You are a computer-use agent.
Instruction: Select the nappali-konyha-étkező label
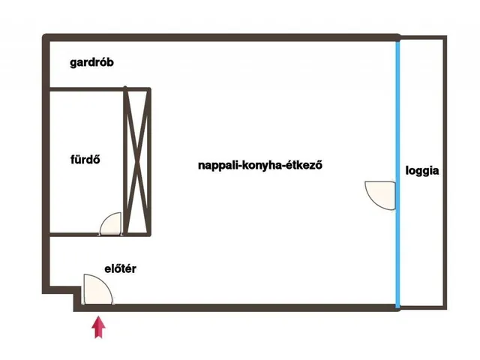pos(260,165)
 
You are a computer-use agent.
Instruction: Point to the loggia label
pos(422,170)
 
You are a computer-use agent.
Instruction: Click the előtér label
pos(120,268)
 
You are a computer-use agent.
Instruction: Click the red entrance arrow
pos(98,328)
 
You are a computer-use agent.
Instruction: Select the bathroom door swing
pos(111,223)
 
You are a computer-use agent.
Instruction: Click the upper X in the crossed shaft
pos(136,124)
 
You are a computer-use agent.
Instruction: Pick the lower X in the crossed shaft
pos(136,195)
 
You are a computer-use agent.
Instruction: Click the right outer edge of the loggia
pos(445,172)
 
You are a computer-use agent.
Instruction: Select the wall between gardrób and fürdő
pos(86,90)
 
